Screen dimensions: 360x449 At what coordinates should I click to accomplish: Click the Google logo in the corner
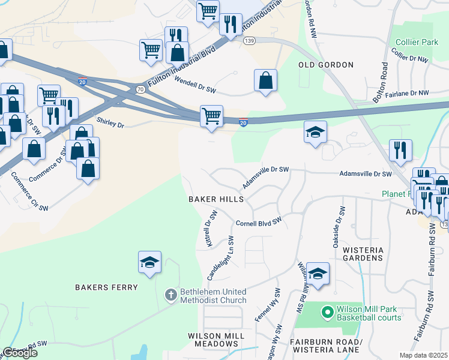[x=19, y=353]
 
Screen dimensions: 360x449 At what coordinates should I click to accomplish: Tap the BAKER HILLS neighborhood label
[x=216, y=199]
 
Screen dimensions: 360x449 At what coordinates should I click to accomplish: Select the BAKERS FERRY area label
[x=107, y=287]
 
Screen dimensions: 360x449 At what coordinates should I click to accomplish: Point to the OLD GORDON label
[x=326, y=64]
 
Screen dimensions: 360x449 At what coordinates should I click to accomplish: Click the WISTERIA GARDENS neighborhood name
[x=362, y=253]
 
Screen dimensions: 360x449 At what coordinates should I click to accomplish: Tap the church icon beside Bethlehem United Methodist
[x=170, y=295]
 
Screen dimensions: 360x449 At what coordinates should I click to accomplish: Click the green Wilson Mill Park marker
[x=327, y=312]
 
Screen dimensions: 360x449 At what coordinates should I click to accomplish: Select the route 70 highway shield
[x=140, y=88]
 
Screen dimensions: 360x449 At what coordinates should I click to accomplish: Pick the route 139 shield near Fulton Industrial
[x=249, y=40]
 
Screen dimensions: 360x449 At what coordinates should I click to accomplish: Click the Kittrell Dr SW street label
[x=211, y=229]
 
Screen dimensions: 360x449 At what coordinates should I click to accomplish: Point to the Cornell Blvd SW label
[x=258, y=222]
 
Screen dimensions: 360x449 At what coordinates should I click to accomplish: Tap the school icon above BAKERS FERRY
[x=149, y=262]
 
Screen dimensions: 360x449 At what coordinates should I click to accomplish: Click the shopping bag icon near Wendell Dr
[x=265, y=80]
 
